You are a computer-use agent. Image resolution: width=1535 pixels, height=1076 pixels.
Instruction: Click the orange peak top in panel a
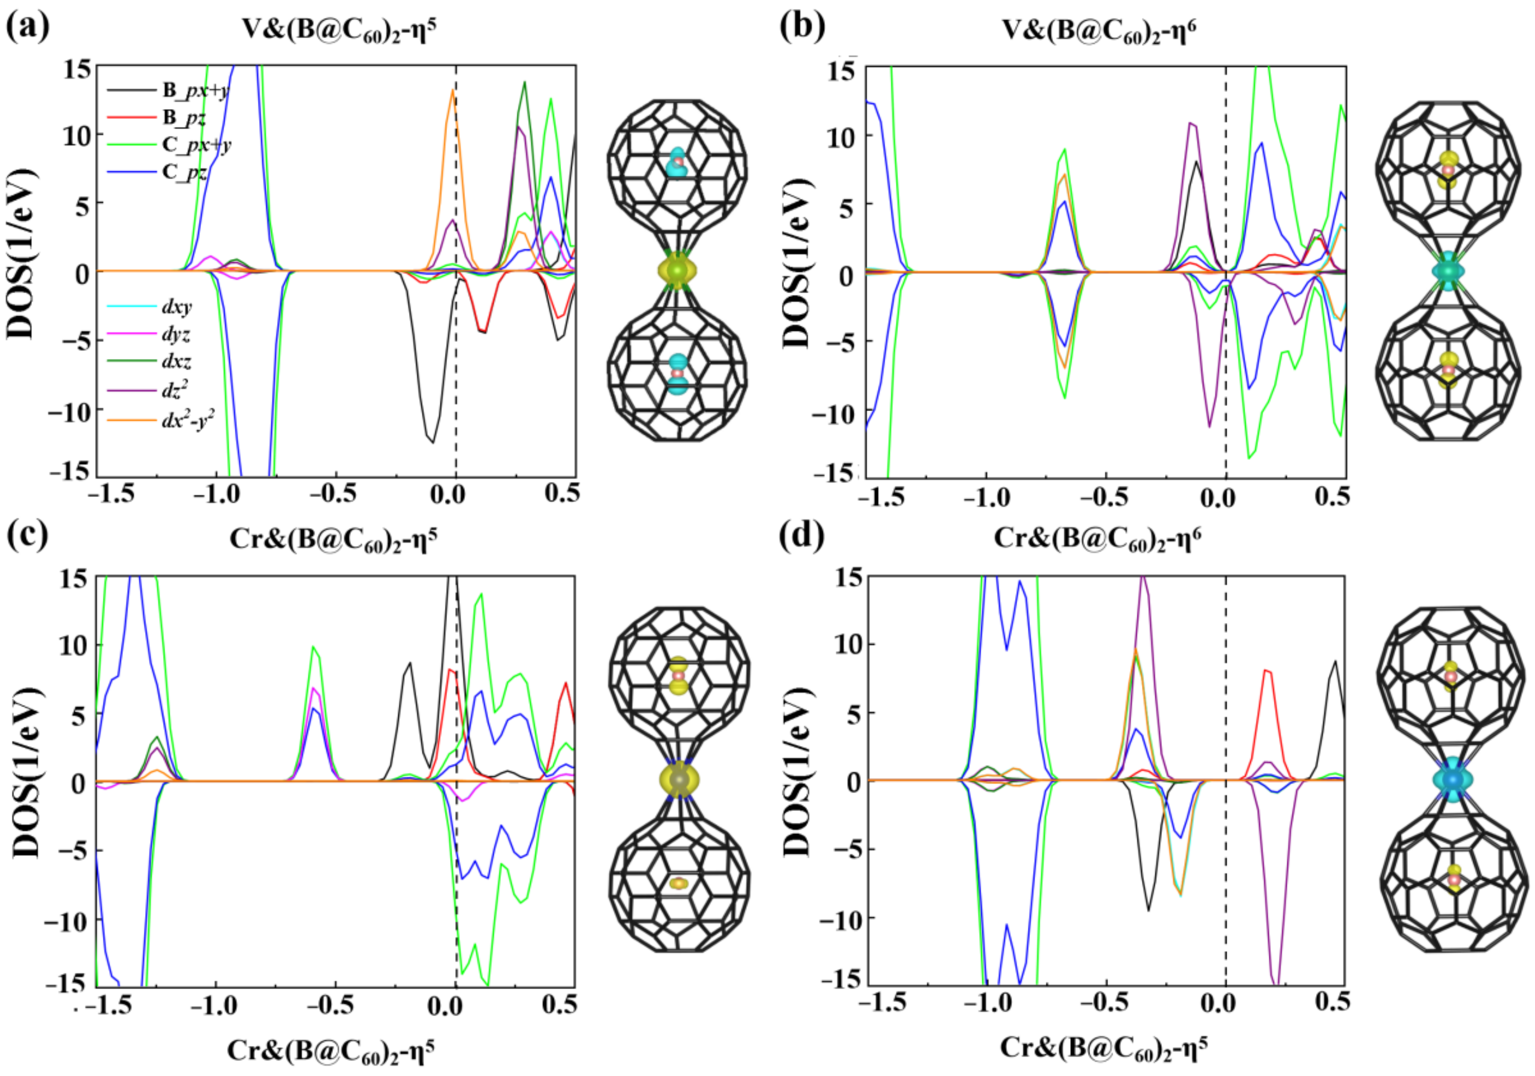click(453, 91)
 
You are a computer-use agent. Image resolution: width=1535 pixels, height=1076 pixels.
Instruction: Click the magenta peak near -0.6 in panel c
click(315, 688)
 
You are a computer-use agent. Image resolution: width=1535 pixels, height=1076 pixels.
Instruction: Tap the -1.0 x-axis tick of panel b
click(985, 498)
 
